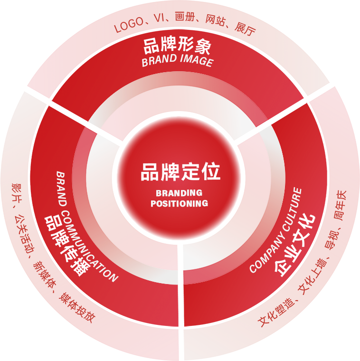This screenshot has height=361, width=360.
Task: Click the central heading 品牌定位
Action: (180, 171)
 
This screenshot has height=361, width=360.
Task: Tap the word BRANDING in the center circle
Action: (179, 193)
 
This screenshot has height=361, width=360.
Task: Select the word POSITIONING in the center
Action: (179, 203)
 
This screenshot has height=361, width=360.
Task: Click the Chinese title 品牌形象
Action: (177, 47)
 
